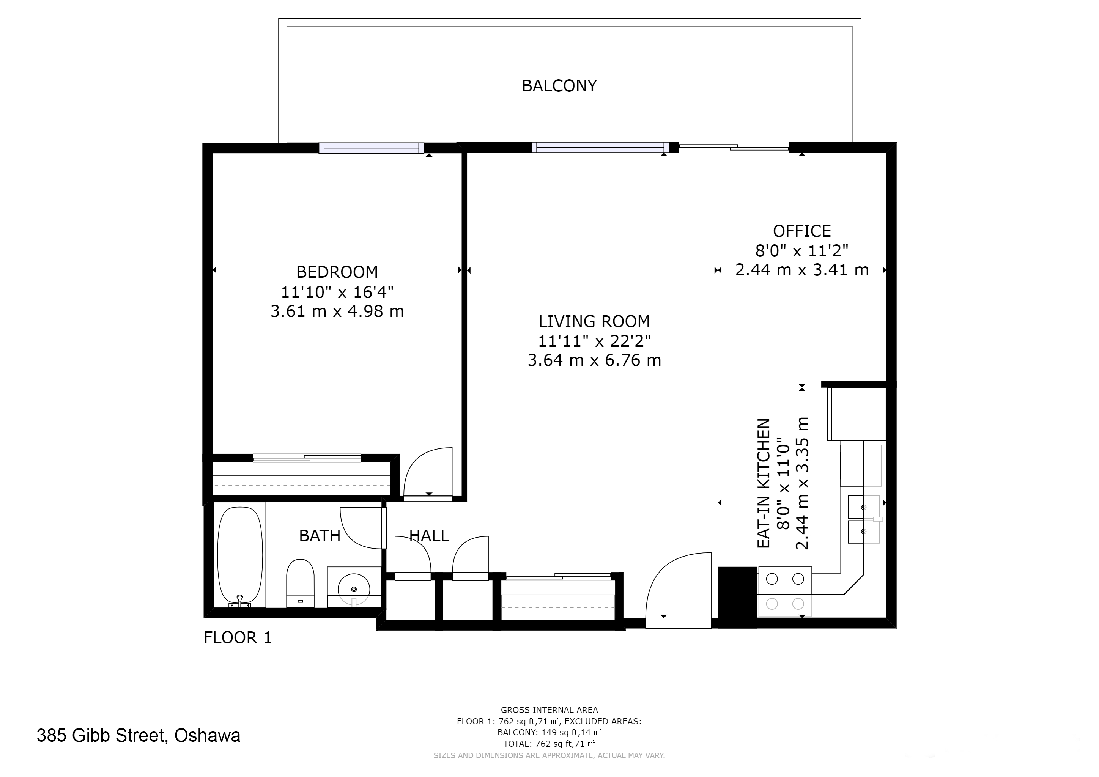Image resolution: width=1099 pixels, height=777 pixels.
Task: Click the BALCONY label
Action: [559, 86]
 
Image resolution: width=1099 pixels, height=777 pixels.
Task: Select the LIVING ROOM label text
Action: [594, 321]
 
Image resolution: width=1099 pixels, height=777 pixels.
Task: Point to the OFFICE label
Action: [802, 231]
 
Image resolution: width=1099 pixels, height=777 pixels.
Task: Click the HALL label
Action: [429, 536]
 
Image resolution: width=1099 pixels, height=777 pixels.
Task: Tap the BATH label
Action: [320, 536]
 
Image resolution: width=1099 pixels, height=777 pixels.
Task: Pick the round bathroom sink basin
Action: [354, 588]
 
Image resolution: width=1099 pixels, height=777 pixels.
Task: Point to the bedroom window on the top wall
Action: [371, 148]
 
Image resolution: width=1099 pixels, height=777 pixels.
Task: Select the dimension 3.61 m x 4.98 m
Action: [337, 311]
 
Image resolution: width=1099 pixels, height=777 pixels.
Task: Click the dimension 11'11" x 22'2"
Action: [594, 341]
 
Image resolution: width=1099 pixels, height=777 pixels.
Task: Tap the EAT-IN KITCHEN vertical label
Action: [764, 484]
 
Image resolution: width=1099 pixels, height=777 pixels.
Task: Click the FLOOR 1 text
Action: [238, 637]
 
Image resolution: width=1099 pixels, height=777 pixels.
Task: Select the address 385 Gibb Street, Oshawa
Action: [139, 735]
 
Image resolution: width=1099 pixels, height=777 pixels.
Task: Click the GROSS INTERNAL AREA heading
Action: [549, 710]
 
